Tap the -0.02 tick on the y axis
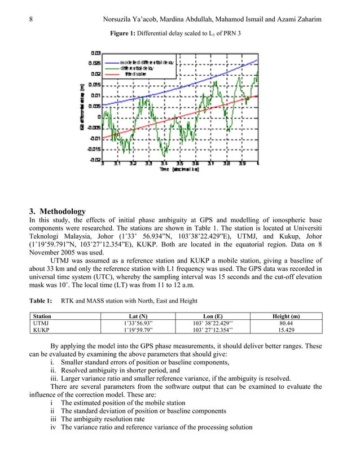point(95,160)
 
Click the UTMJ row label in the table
point(41,324)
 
